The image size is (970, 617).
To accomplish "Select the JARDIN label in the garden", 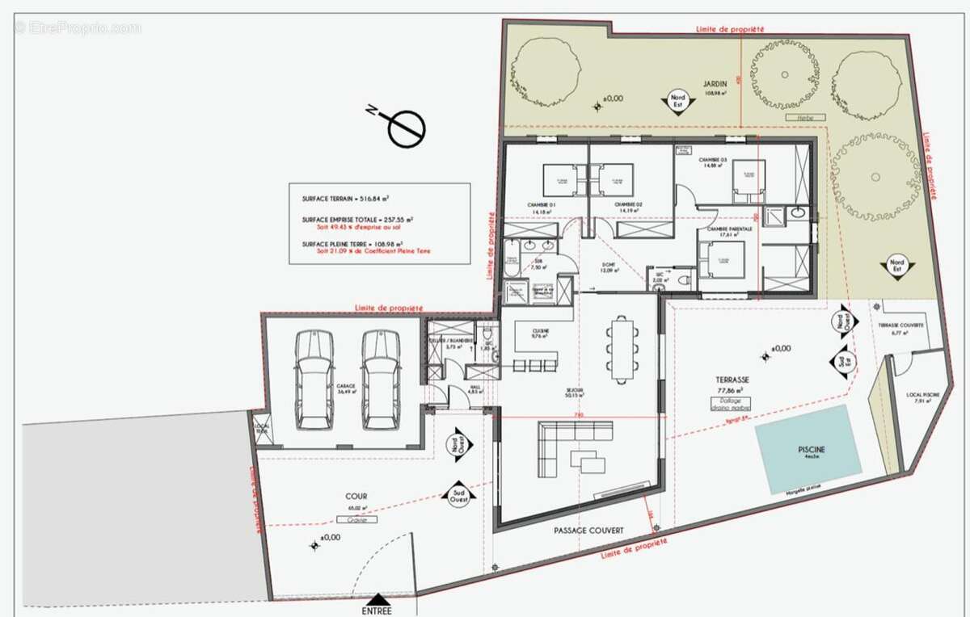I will click(x=714, y=83).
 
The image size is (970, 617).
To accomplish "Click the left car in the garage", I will click(x=314, y=380).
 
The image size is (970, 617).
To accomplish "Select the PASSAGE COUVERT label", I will click(x=588, y=531).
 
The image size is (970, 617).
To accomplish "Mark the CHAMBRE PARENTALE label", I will click(x=729, y=229).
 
